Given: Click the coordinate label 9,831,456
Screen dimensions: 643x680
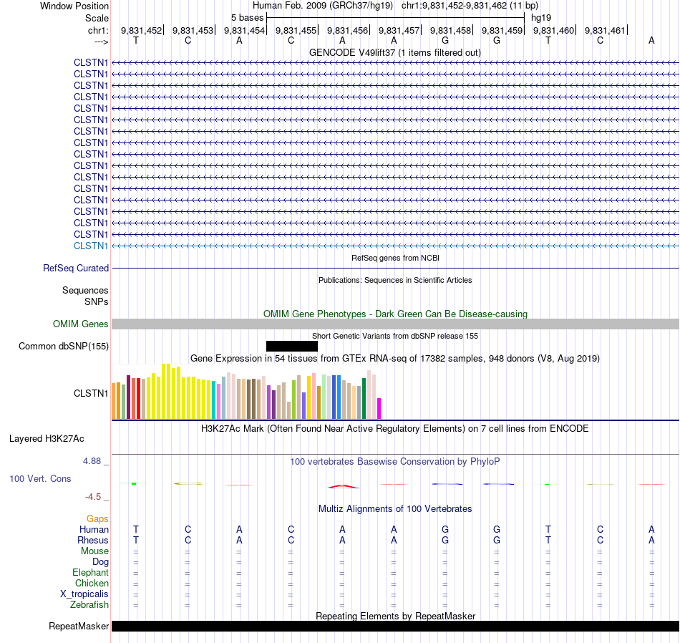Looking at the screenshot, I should [x=347, y=30].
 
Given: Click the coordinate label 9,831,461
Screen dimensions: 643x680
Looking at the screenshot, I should [x=605, y=30].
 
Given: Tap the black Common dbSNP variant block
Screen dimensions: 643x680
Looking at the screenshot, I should [x=291, y=347].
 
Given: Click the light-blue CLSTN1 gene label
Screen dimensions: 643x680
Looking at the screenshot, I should [x=91, y=246].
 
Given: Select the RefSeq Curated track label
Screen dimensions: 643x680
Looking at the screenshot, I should [x=76, y=268].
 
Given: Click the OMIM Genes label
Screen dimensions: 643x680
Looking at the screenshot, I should [x=81, y=324].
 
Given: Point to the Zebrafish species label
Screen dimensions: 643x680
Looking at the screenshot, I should [x=89, y=605].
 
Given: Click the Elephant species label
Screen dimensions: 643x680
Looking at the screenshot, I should [x=90, y=573].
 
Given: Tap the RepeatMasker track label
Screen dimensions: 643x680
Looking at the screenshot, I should [x=79, y=627].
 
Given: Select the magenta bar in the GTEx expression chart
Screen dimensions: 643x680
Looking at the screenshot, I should [x=379, y=408].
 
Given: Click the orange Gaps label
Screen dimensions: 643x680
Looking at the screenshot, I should [x=97, y=518].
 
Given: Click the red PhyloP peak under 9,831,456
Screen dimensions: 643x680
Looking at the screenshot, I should [x=344, y=486].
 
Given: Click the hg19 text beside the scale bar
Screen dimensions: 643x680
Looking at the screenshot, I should [x=541, y=17].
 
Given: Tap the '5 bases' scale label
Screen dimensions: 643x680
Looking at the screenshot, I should [x=247, y=17].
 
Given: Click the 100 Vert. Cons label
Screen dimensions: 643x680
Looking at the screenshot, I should [x=41, y=478].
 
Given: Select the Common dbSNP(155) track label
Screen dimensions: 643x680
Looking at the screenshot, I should [x=63, y=347].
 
